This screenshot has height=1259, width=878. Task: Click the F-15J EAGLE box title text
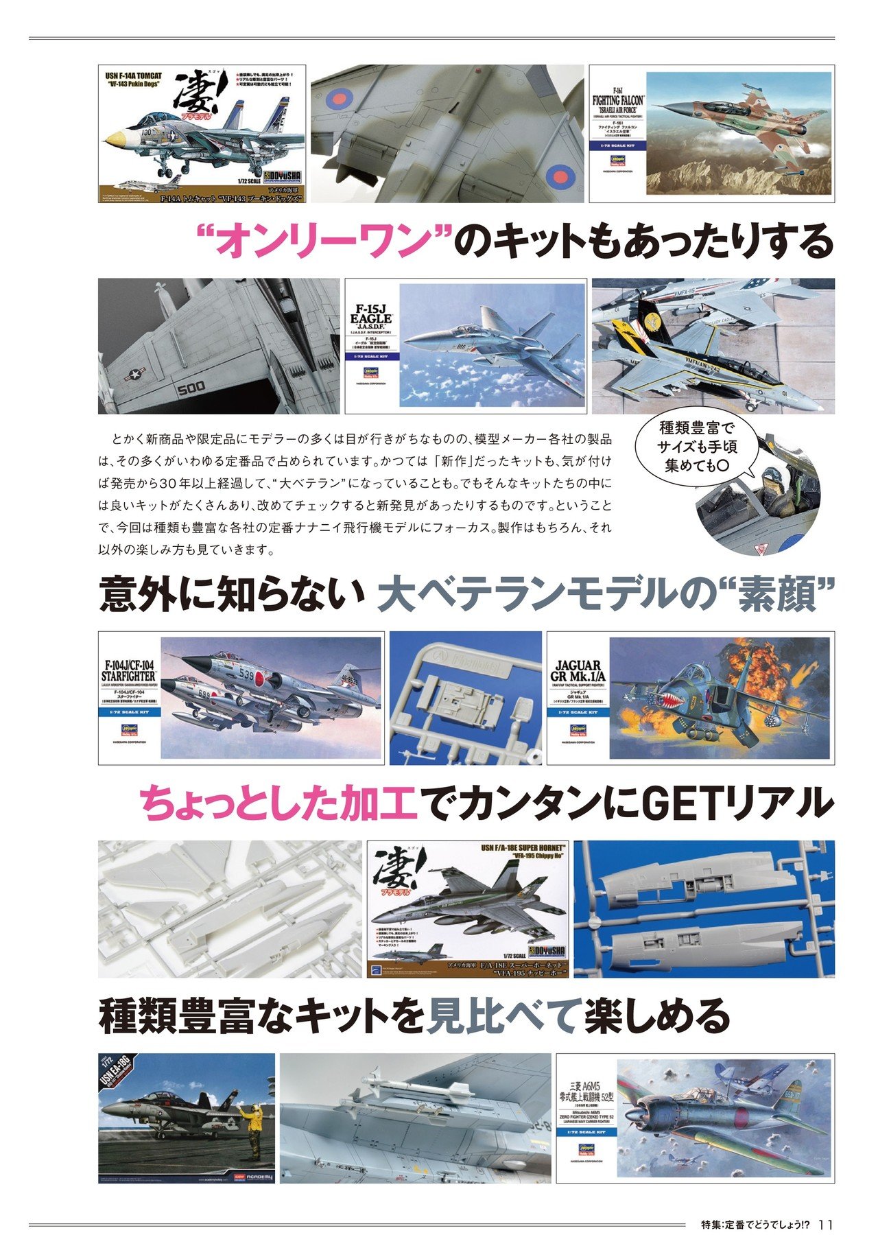(x=370, y=319)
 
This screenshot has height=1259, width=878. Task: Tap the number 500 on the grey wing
(x=191, y=388)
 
